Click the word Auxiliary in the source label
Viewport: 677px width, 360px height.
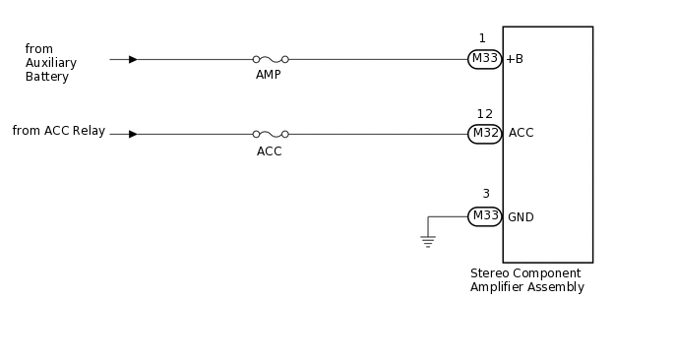(x=51, y=63)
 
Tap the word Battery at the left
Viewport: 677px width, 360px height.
(x=47, y=77)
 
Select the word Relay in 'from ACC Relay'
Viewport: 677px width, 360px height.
(x=88, y=131)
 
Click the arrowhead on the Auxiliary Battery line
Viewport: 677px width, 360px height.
(x=133, y=59)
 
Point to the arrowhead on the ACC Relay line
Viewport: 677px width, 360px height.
(x=133, y=134)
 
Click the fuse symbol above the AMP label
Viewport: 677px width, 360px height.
(x=270, y=59)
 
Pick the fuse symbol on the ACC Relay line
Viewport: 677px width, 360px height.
(x=270, y=134)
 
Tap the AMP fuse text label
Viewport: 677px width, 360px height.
(x=269, y=75)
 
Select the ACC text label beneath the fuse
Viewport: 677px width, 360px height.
(x=269, y=151)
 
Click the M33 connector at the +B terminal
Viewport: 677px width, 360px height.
(x=484, y=59)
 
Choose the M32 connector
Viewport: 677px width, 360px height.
(x=484, y=134)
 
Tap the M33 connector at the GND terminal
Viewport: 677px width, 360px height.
(x=484, y=216)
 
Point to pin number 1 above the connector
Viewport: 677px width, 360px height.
(x=482, y=38)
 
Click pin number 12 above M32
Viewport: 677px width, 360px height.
(x=484, y=114)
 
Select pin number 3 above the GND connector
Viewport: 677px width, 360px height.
(x=485, y=194)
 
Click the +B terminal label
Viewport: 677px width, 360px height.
(x=515, y=59)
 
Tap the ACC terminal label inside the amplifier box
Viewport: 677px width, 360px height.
(x=521, y=133)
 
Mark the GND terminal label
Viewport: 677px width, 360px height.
(x=521, y=217)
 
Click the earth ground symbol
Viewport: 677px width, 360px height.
(x=428, y=241)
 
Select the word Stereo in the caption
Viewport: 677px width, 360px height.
(x=489, y=273)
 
